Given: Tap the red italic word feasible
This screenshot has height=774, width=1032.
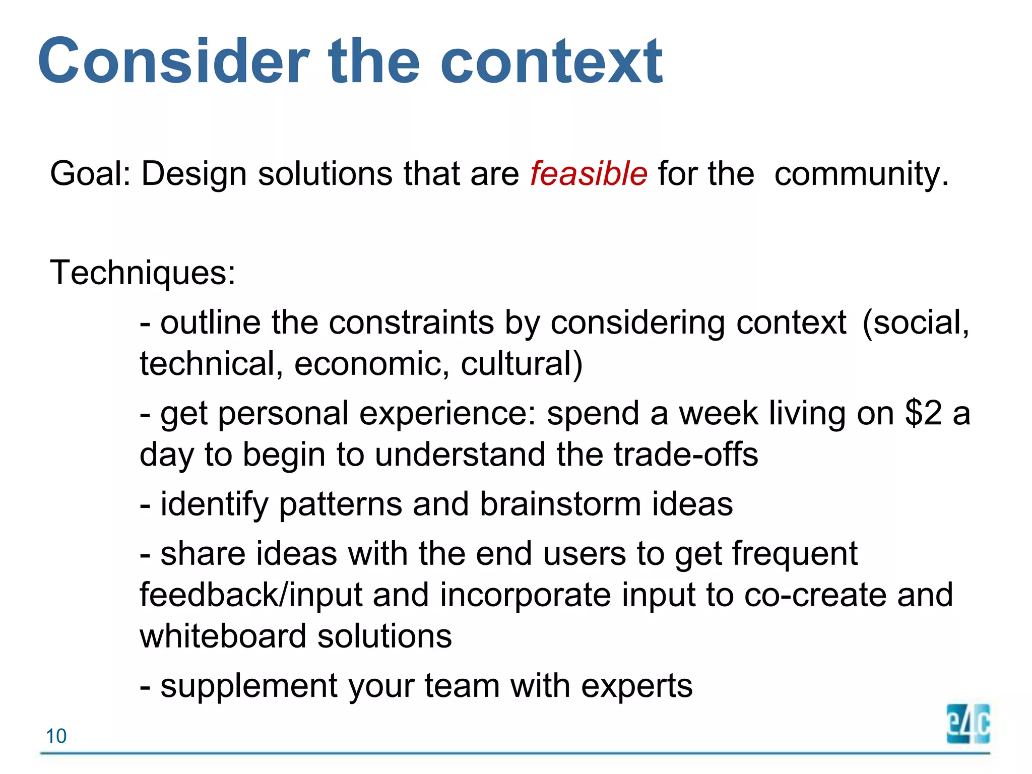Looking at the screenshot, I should (x=588, y=174).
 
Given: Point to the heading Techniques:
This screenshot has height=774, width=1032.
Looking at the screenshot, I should (x=143, y=273).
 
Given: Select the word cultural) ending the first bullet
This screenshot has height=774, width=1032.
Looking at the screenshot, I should (x=522, y=364).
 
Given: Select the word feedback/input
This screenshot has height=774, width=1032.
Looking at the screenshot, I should (x=250, y=595).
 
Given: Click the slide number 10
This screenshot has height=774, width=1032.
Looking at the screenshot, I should (x=56, y=736).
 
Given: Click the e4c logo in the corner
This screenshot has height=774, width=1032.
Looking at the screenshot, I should (x=967, y=724).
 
